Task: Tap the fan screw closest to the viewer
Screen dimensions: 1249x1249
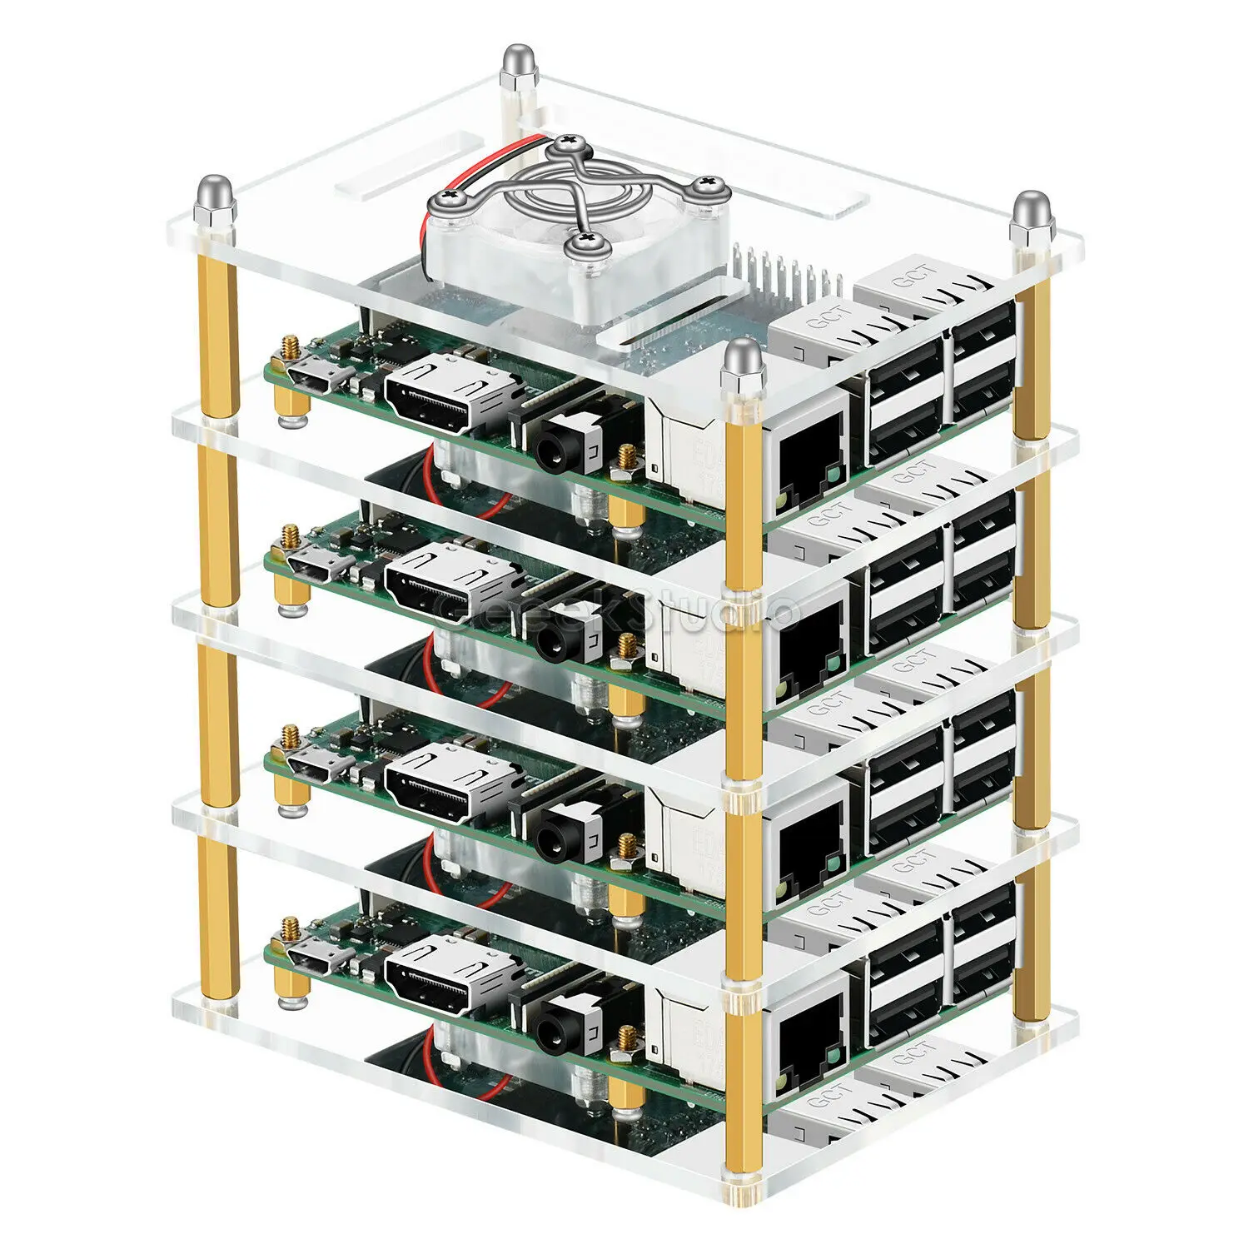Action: tap(580, 243)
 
